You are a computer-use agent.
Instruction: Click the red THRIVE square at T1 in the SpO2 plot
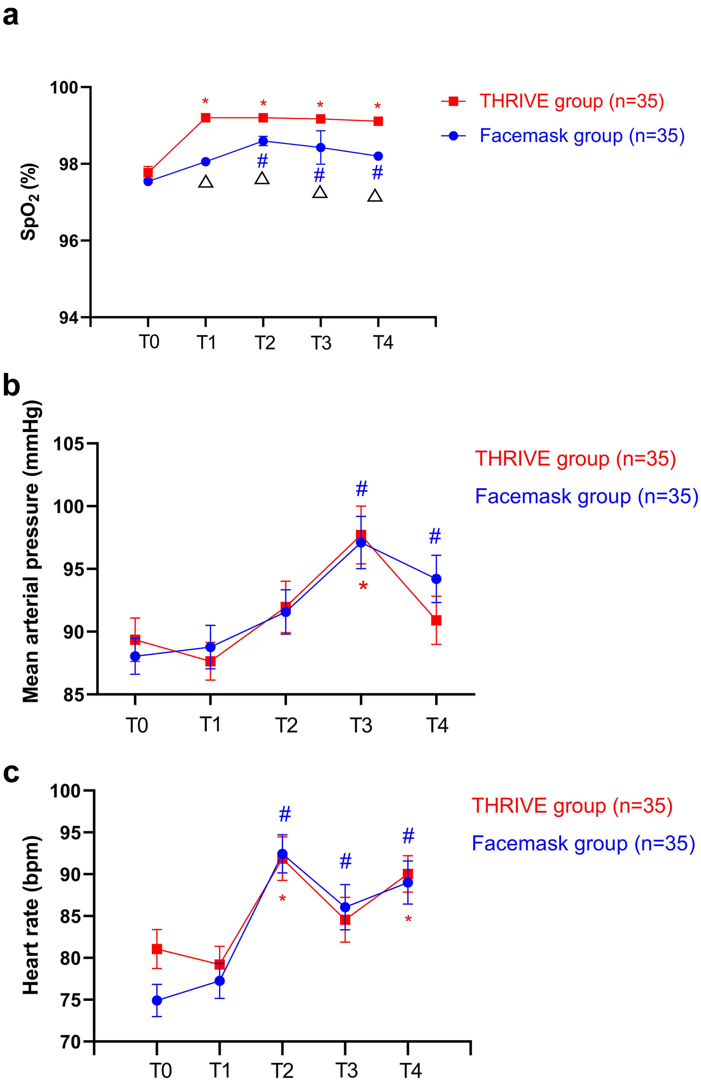pos(206,118)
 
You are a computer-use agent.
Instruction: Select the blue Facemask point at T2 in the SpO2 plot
pos(263,141)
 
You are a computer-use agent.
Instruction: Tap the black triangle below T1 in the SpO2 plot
pos(206,182)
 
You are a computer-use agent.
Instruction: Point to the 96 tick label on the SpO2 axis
pos(68,241)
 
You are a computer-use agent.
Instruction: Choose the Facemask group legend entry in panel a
pos(563,136)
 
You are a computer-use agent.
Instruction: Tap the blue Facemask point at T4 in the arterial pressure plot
pos(436,579)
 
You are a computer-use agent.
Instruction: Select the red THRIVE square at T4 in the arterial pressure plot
pos(436,620)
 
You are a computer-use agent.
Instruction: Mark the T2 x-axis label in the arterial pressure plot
pos(286,725)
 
